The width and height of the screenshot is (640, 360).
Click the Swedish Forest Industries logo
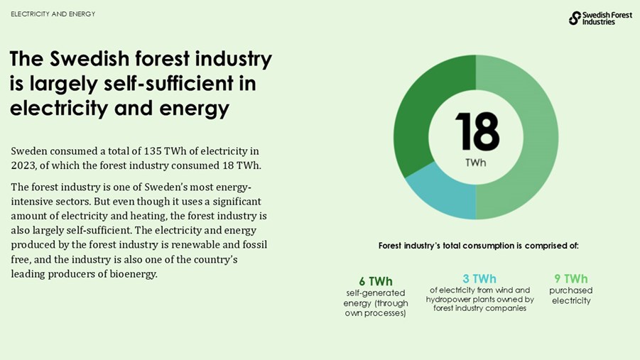[600, 18]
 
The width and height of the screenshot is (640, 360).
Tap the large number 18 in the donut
[476, 131]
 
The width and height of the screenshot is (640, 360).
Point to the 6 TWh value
[375, 281]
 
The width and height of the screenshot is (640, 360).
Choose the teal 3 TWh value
[479, 278]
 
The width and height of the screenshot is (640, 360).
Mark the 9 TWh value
[570, 278]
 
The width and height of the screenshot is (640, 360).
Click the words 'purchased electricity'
[570, 295]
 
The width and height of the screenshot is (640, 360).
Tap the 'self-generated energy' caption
[375, 303]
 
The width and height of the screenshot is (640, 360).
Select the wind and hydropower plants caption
[479, 299]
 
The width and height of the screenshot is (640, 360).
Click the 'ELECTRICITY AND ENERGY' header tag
[53, 14]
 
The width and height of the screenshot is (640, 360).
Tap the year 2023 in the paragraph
[23, 165]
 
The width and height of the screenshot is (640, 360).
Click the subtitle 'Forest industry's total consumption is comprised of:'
[478, 246]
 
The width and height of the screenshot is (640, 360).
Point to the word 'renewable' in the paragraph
[195, 244]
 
